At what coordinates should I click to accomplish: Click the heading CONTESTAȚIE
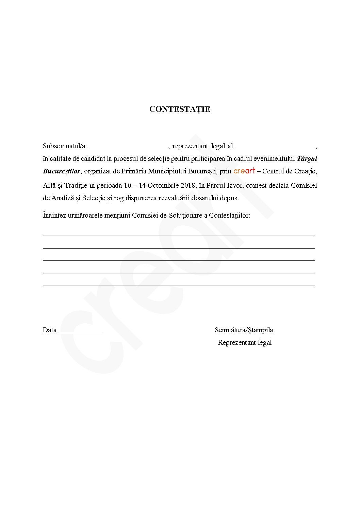[x=180, y=109]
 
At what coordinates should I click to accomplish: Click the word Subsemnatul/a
[x=64, y=146]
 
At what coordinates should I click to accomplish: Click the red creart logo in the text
[x=244, y=171]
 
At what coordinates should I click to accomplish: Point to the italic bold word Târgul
[x=307, y=159]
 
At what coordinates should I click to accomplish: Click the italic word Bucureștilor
[x=62, y=171]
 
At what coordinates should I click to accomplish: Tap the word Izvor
[x=235, y=186]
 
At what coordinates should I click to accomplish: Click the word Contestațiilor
[x=230, y=216]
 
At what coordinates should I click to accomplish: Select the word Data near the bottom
[x=50, y=330]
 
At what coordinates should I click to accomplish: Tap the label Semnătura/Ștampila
[x=244, y=330]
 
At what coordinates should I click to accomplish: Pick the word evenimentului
[x=274, y=159]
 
